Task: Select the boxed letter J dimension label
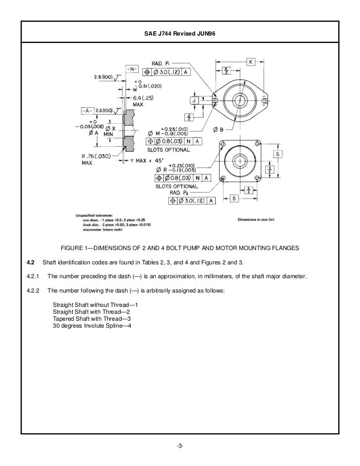pyautogui.click(x=194, y=100)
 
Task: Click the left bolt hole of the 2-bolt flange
pyautogui.click(x=215, y=101)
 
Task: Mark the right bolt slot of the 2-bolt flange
pyautogui.click(x=266, y=101)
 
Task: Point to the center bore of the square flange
pyautogui.click(x=240, y=161)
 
